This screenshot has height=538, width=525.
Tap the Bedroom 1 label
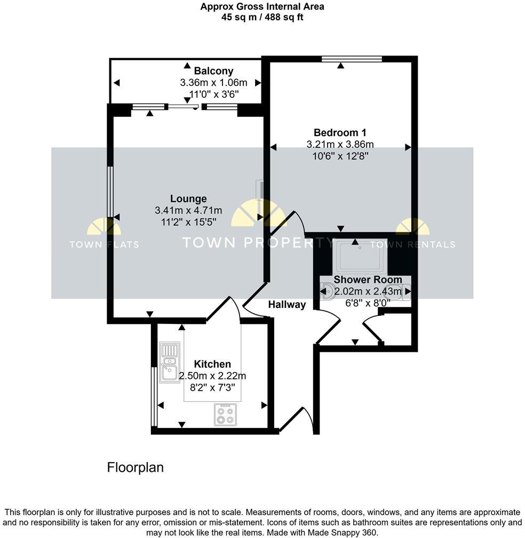tap(340, 132)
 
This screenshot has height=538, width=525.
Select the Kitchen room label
tap(212, 364)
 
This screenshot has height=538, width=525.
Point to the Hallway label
tap(287, 305)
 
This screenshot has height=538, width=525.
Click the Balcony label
tap(213, 71)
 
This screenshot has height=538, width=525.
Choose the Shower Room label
tap(368, 280)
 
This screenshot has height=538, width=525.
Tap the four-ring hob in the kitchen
tap(225, 414)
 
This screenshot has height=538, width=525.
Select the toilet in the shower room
tap(328, 291)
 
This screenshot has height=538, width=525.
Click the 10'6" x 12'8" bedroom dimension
tap(340, 155)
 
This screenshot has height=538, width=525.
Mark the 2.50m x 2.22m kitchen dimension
tap(212, 376)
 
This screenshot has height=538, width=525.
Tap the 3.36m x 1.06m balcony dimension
tap(213, 83)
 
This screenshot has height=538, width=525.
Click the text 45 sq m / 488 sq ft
tap(262, 17)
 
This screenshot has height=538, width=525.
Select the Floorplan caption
tap(136, 468)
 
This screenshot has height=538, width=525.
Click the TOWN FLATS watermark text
tap(104, 244)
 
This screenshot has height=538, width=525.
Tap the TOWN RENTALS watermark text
tap(412, 244)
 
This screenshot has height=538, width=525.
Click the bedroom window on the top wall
tap(352, 59)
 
